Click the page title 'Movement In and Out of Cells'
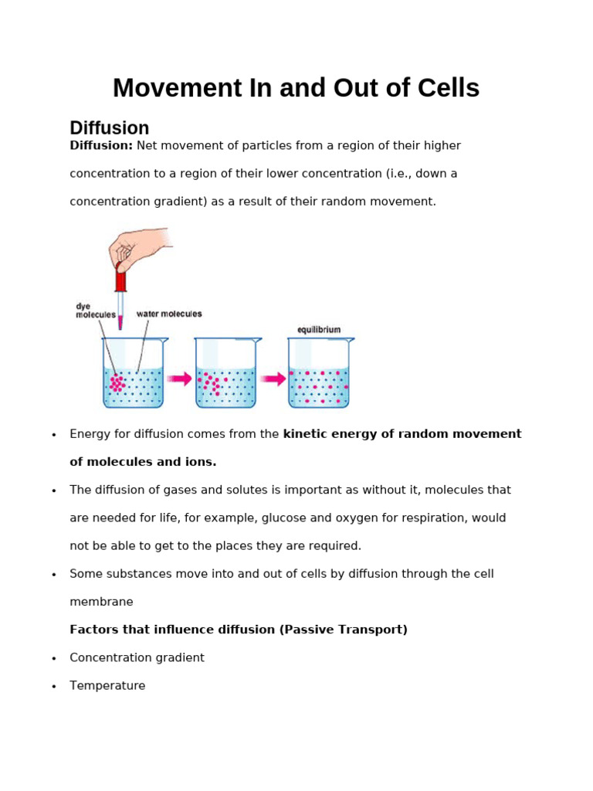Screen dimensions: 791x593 296,89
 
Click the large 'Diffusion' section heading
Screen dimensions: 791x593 109,128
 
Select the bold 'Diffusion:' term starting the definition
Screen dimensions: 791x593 101,146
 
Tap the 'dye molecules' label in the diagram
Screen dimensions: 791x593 95,311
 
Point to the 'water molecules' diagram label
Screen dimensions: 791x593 169,314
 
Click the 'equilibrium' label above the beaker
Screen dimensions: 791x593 319,330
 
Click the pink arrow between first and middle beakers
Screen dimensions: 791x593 179,379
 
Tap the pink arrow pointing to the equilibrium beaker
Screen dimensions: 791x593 273,379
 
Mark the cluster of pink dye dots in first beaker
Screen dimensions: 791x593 117,383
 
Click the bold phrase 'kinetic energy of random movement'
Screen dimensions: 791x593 402,434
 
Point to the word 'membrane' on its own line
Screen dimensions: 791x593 101,602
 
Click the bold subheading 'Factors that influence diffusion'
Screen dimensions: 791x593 174,630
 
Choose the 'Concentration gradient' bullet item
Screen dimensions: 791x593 137,658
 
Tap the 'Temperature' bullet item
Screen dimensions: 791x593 107,686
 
